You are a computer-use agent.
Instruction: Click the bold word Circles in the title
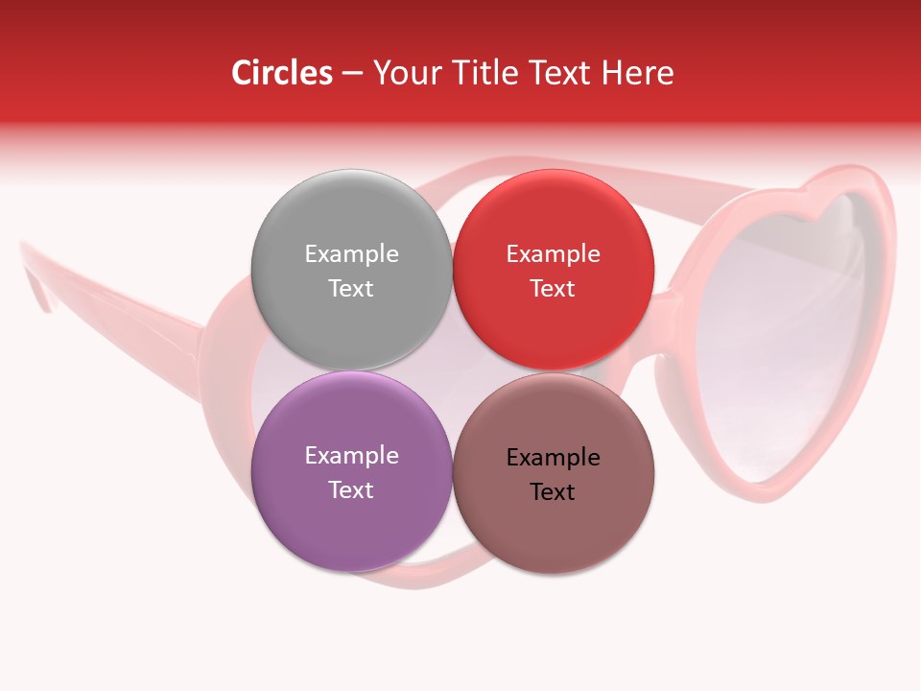(x=281, y=73)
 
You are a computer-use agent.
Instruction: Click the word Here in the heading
(x=640, y=73)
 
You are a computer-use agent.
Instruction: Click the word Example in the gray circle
(x=351, y=254)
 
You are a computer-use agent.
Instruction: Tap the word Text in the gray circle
(x=351, y=289)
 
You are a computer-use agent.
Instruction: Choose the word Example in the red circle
(x=553, y=254)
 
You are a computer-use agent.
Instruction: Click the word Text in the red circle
(x=553, y=289)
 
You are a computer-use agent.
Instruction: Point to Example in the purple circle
(x=351, y=456)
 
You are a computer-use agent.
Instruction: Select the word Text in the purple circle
(x=351, y=490)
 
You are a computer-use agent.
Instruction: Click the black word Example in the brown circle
(x=554, y=458)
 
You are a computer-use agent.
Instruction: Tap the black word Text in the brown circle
(x=554, y=492)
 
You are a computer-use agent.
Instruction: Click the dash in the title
(x=352, y=74)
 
